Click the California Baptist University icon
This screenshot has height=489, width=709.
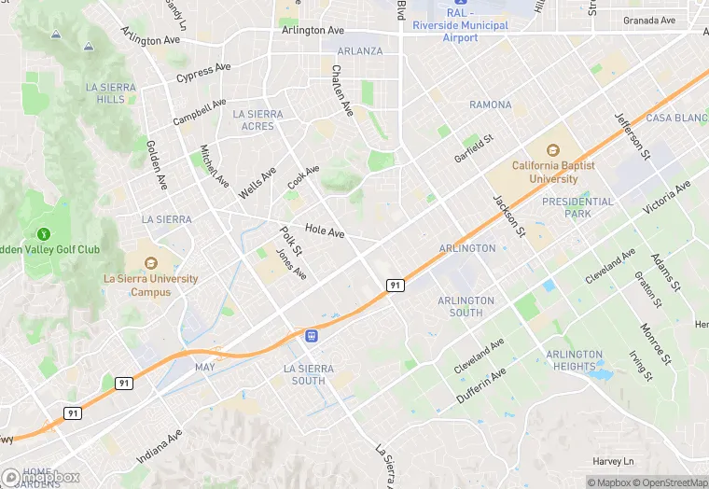[x=552, y=149]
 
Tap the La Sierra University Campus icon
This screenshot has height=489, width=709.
[x=150, y=258]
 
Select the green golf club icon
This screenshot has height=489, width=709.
[x=42, y=233]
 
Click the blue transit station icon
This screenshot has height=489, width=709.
[x=311, y=334]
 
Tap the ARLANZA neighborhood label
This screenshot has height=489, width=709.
[x=359, y=50]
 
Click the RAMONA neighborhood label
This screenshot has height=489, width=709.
[x=490, y=105]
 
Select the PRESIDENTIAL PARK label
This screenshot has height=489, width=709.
[x=578, y=207]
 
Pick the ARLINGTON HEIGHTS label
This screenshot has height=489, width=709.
[x=575, y=360]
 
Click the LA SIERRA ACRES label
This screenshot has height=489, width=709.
[x=257, y=120]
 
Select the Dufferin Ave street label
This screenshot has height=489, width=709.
[x=480, y=384]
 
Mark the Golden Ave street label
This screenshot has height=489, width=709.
[x=156, y=163]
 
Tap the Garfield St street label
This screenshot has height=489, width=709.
[x=473, y=146]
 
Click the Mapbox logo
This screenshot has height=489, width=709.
[x=41, y=477]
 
